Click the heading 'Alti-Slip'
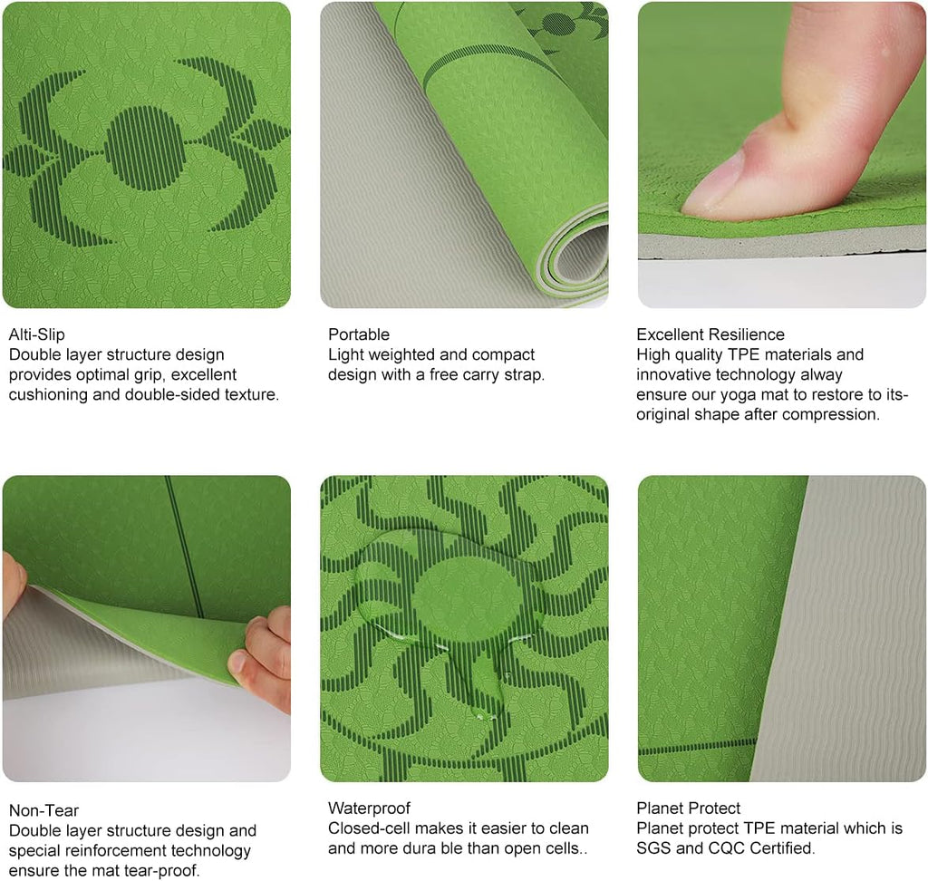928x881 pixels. pos(36,334)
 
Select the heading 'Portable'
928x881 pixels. pos(359,334)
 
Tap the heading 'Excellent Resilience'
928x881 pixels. pos(710,334)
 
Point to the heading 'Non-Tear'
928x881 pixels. pos(43,810)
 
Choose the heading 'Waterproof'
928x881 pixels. pos(370,808)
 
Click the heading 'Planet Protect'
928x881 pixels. pos(689,808)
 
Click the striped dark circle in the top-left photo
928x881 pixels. pos(144,148)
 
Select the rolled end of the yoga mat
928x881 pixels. pos(577,255)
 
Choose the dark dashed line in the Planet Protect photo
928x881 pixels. pos(697,747)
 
